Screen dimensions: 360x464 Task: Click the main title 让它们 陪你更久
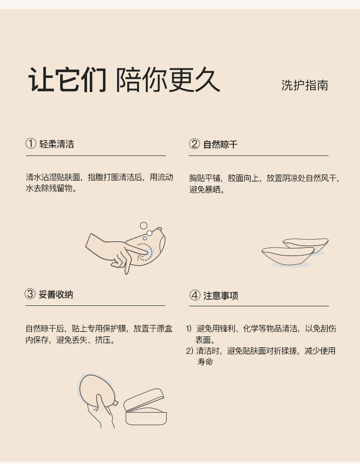[124, 80]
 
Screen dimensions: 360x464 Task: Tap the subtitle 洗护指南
[305, 85]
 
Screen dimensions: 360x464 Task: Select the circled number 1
[31, 144]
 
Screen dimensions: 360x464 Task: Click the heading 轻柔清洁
[57, 144]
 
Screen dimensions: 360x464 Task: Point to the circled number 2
[194, 144]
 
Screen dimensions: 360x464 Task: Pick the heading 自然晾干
[220, 145]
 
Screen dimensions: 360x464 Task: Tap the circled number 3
[30, 294]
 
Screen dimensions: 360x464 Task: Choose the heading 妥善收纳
[56, 294]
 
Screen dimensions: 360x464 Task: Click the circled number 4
[195, 295]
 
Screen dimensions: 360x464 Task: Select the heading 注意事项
[221, 295]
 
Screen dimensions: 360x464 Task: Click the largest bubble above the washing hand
[144, 225]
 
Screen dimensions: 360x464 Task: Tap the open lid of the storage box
[144, 400]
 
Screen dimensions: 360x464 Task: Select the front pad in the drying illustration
[288, 256]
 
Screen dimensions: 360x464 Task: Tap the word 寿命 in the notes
[205, 362]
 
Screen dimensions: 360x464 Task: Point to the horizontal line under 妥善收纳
[95, 305]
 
